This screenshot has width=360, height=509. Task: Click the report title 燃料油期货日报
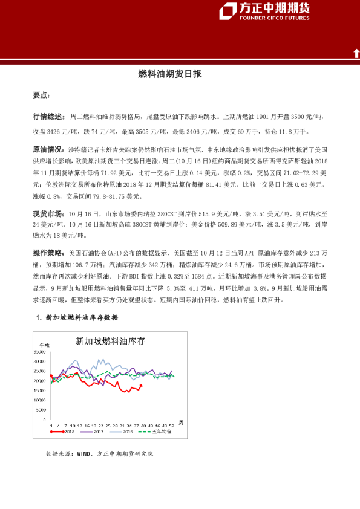tap(170, 74)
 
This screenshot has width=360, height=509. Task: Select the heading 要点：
tap(41, 96)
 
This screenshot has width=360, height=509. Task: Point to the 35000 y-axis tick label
tap(41, 352)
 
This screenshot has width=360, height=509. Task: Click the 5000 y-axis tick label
tap(42, 410)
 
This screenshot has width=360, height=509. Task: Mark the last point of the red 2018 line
tap(141, 386)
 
